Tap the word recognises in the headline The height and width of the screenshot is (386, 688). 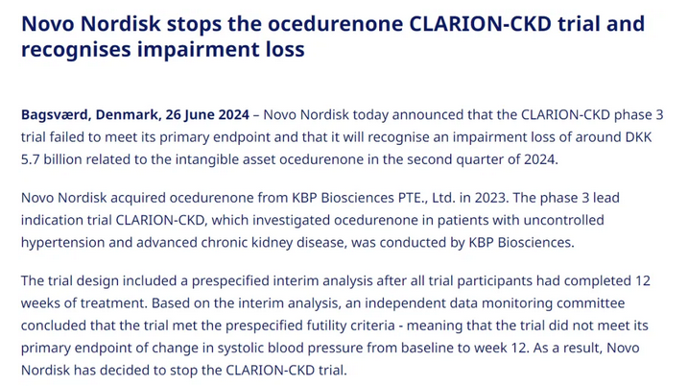(x=76, y=50)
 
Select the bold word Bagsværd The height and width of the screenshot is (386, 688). (x=55, y=115)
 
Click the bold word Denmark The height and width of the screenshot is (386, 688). (x=127, y=114)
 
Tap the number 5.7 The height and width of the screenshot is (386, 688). (x=31, y=159)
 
